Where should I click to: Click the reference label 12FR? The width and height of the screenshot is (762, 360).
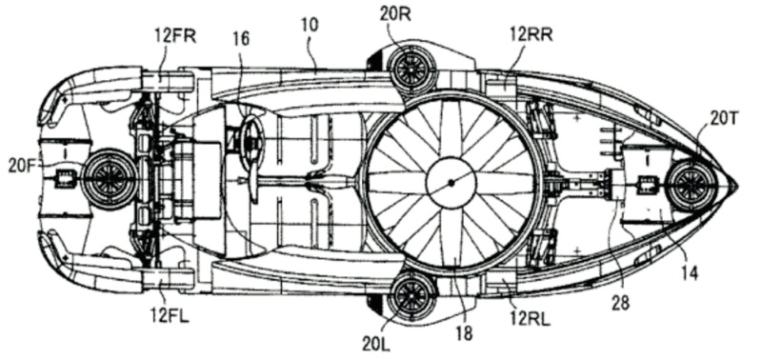click(175, 36)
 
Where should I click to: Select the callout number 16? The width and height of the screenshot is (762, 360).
click(241, 38)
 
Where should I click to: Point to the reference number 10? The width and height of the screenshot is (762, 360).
click(311, 26)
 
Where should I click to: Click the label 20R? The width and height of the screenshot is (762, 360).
click(395, 14)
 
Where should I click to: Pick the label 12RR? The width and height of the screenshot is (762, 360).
click(531, 34)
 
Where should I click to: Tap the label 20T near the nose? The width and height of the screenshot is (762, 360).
click(724, 118)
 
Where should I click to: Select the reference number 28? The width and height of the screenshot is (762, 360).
click(621, 302)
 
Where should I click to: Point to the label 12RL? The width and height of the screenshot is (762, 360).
click(530, 319)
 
